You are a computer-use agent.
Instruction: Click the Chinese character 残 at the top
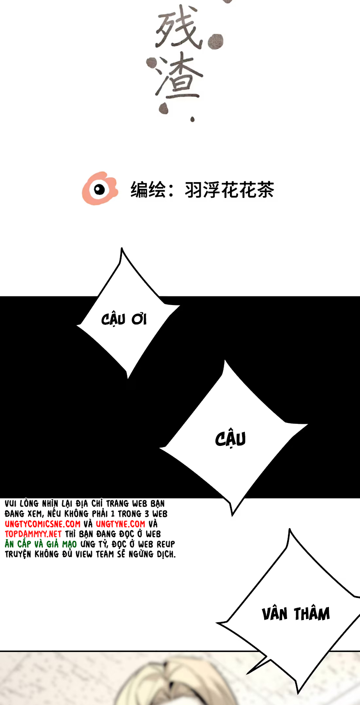click(x=176, y=32)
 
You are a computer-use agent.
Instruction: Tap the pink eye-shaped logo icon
click(x=99, y=188)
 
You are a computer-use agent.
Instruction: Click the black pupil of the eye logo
click(x=99, y=189)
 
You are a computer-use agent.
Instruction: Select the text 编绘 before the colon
click(x=146, y=190)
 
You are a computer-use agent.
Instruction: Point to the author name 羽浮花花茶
click(x=229, y=190)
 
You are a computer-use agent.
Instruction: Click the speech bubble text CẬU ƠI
click(x=124, y=319)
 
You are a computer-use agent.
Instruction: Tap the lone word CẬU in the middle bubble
click(x=230, y=439)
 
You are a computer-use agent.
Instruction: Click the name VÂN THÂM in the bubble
click(x=296, y=614)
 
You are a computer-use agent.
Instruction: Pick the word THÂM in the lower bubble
click(x=312, y=614)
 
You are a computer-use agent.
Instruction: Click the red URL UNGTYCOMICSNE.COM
click(x=43, y=524)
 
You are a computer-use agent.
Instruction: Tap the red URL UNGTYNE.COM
click(x=121, y=524)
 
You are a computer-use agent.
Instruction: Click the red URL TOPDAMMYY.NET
click(x=33, y=534)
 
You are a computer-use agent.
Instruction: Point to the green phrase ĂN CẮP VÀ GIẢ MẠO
click(x=41, y=544)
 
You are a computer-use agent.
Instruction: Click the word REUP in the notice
click(x=166, y=544)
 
